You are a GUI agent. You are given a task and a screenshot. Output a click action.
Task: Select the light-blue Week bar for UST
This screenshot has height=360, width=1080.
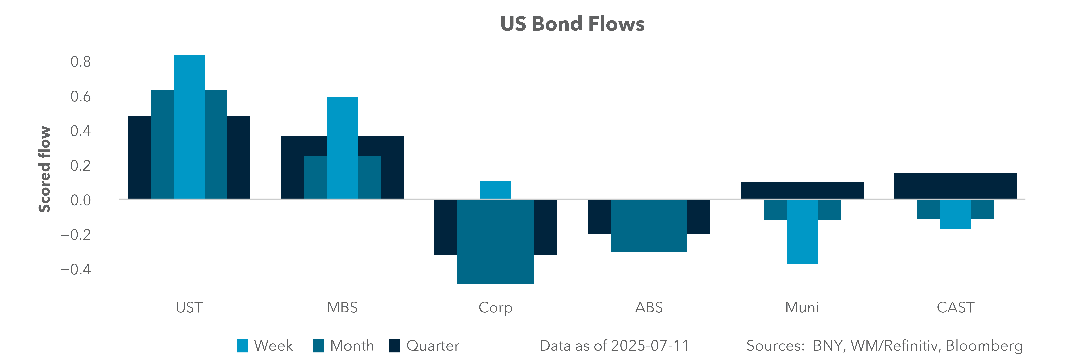(189, 127)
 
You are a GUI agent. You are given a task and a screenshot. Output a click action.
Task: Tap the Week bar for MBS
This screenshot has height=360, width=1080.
(343, 148)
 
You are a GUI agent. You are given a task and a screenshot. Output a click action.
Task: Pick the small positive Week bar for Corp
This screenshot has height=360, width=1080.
(496, 190)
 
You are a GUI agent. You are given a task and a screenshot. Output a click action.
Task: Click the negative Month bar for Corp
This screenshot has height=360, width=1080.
(496, 242)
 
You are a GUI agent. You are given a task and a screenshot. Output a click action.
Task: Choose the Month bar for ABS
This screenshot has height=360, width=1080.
(649, 226)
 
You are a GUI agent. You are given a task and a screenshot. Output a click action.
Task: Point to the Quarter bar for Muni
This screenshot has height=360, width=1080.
(802, 190)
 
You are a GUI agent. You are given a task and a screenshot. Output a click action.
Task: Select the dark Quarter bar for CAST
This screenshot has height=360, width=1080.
(955, 186)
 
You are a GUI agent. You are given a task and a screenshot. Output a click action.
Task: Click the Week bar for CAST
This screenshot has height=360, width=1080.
(955, 214)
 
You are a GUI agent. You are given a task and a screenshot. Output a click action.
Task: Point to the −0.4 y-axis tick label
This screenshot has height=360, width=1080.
(76, 269)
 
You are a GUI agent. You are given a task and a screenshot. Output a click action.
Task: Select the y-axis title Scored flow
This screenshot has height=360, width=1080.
(44, 169)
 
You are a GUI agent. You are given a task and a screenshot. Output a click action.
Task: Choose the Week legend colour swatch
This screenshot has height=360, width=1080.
(242, 346)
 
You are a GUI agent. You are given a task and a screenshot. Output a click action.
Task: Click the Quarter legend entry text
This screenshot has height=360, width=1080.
(433, 346)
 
